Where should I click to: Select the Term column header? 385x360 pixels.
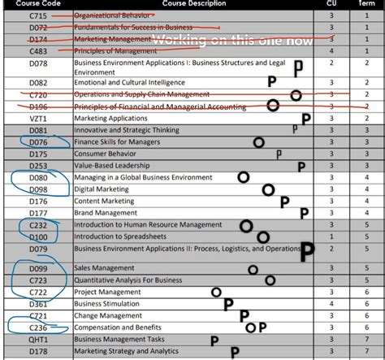366,3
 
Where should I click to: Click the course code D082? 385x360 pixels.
38,82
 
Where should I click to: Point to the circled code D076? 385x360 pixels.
38,142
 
